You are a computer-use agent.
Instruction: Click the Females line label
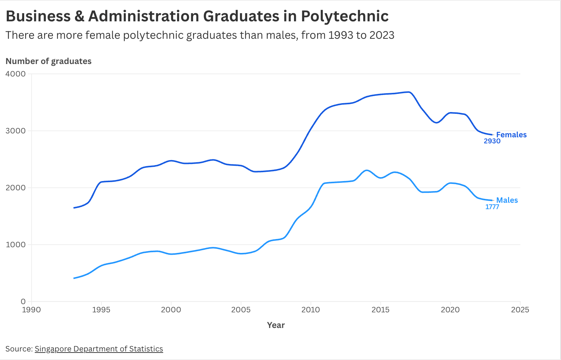pyautogui.click(x=511, y=134)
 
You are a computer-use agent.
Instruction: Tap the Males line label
pyautogui.click(x=507, y=200)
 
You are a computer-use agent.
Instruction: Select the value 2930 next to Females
pyautogui.click(x=492, y=141)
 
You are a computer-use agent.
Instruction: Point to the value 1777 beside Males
pyautogui.click(x=492, y=207)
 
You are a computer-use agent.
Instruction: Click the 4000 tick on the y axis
pyautogui.click(x=16, y=74)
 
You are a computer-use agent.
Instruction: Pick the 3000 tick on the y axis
pyautogui.click(x=16, y=131)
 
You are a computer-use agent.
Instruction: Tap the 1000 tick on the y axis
pyautogui.click(x=16, y=244)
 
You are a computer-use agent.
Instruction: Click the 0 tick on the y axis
pyautogui.click(x=23, y=301)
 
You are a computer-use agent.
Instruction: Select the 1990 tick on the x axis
pyautogui.click(x=31, y=310)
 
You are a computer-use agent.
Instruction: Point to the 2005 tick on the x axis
pyautogui.click(x=241, y=310)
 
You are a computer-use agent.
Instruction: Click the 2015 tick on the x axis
pyautogui.click(x=380, y=310)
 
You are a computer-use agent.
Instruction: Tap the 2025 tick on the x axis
pyautogui.click(x=520, y=310)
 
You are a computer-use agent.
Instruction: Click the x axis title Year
pyautogui.click(x=276, y=325)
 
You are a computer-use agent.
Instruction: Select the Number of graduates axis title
pyautogui.click(x=48, y=61)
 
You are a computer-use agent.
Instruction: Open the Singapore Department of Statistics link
pyautogui.click(x=99, y=349)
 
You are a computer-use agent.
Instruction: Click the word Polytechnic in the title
pyautogui.click(x=344, y=16)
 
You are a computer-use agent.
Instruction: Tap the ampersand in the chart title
pyautogui.click(x=79, y=16)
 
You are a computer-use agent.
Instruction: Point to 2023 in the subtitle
pyautogui.click(x=382, y=35)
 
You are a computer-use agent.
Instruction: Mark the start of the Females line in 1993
pyautogui.click(x=74, y=208)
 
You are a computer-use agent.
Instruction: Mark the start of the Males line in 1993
pyautogui.click(x=74, y=278)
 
